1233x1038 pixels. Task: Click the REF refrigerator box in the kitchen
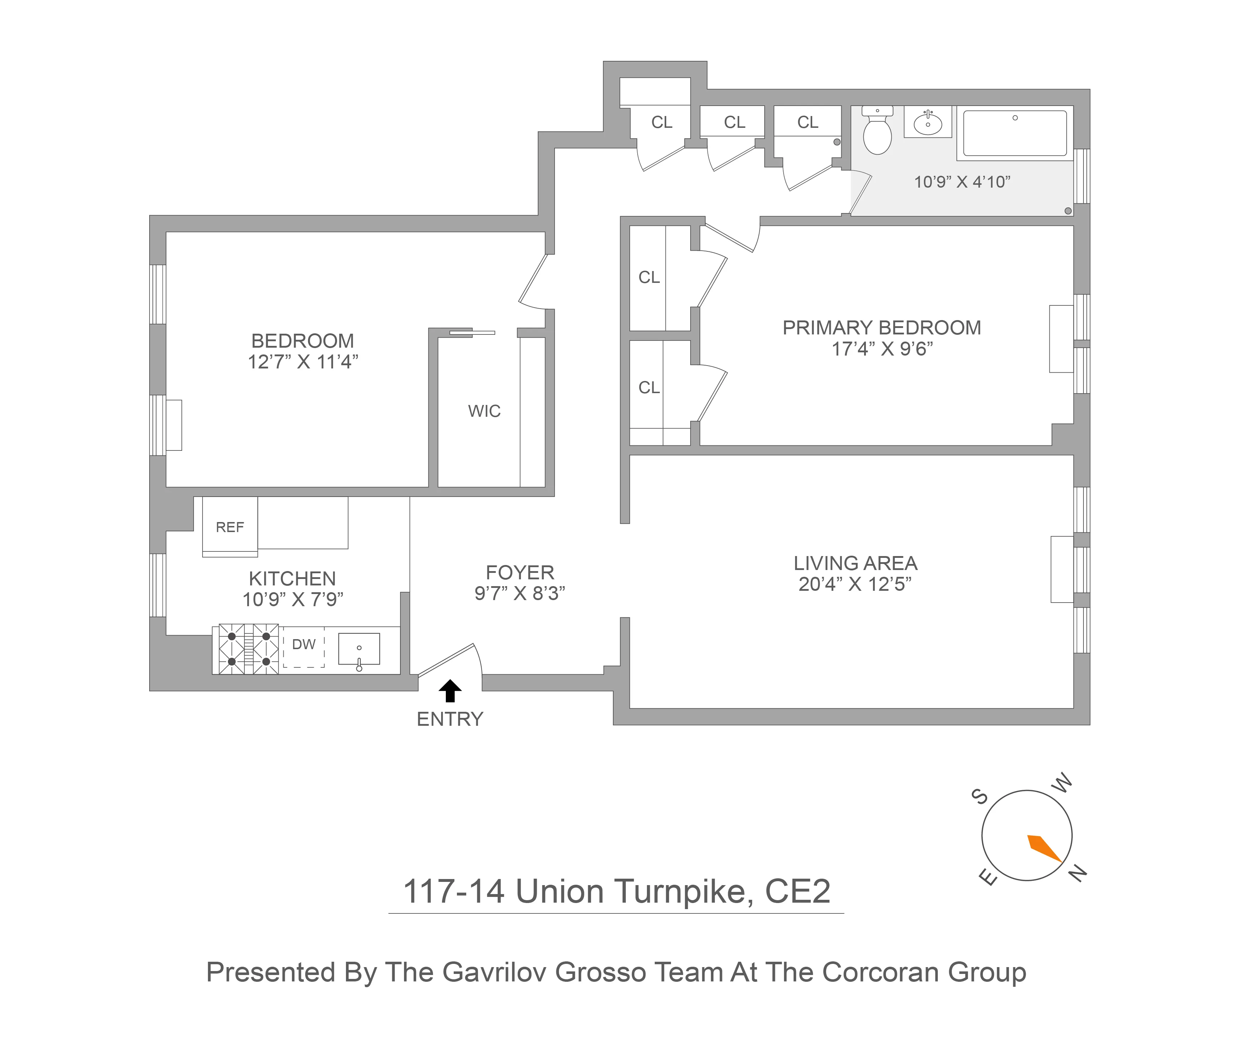pos(229,527)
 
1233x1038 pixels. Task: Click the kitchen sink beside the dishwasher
pos(359,649)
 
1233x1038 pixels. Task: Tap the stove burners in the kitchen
pos(249,649)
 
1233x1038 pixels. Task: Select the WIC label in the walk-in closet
pos(484,411)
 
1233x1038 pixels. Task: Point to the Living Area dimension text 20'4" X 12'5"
pos(855,584)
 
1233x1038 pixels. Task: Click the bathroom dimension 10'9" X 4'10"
pos(962,182)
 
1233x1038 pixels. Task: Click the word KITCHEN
pos(292,578)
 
